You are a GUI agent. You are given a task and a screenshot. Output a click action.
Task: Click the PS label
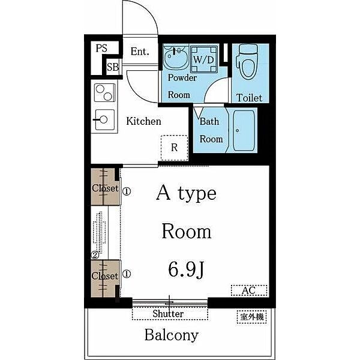101,48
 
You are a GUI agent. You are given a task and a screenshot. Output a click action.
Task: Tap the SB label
113,67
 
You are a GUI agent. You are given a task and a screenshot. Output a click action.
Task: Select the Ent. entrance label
140,51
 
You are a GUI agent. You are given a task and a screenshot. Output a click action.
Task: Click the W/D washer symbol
204,59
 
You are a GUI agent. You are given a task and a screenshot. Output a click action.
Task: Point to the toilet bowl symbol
248,61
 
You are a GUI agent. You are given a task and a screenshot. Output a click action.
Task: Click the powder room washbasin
176,56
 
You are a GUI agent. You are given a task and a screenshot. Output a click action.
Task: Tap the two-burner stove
104,92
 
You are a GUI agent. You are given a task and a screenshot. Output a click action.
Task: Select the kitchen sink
104,119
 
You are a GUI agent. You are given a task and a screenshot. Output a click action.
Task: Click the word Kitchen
144,121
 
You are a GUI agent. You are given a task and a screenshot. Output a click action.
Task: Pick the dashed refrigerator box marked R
175,148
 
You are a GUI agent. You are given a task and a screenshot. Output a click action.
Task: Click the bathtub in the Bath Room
244,131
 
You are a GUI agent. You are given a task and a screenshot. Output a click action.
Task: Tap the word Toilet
250,98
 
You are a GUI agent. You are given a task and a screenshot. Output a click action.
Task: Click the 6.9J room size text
186,269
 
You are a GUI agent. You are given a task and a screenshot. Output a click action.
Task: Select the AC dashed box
249,290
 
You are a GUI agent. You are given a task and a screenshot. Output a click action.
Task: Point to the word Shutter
168,314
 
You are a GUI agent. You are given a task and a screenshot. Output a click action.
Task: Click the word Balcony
171,335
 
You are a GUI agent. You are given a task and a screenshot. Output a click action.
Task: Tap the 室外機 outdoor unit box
251,317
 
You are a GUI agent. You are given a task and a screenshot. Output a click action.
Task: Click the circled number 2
95,255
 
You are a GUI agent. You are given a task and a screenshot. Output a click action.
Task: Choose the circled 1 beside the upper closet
127,191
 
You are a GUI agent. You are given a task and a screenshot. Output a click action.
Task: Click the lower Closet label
104,276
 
